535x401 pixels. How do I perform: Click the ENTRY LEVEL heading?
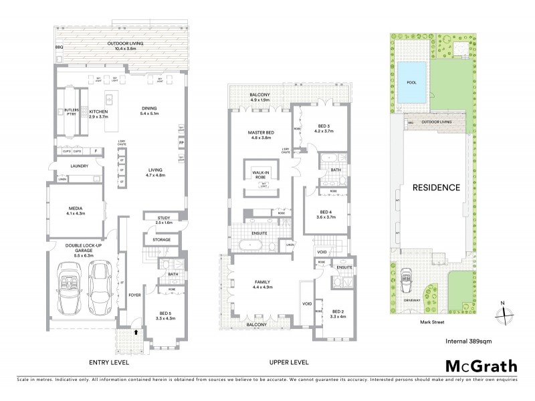pos(110,363)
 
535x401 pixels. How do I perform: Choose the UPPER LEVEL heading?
pos(288,363)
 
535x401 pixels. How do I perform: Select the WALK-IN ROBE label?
pos(260,175)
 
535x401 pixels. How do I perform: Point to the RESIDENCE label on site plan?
pos(435,187)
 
